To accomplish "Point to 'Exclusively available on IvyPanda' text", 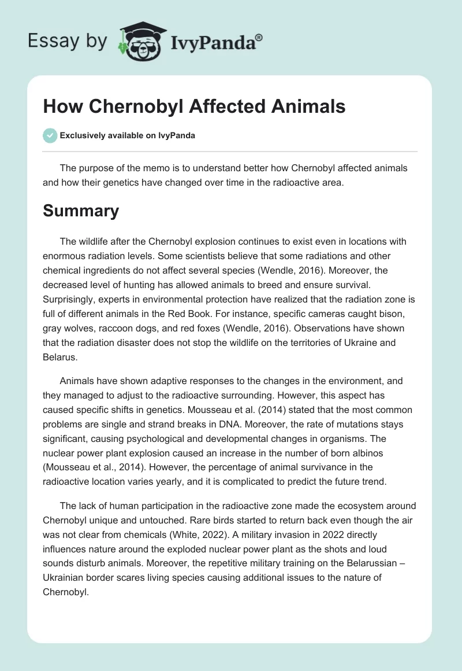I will (x=128, y=136).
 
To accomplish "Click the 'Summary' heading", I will (x=81, y=211).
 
